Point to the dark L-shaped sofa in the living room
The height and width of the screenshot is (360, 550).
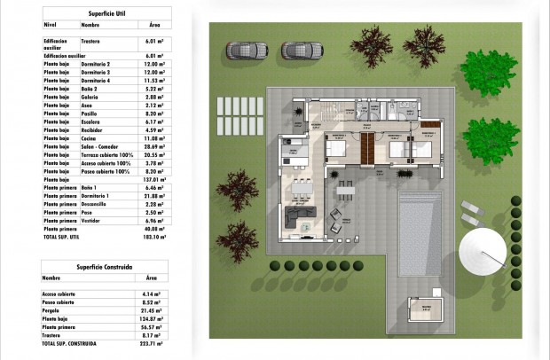(x=299, y=218)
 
